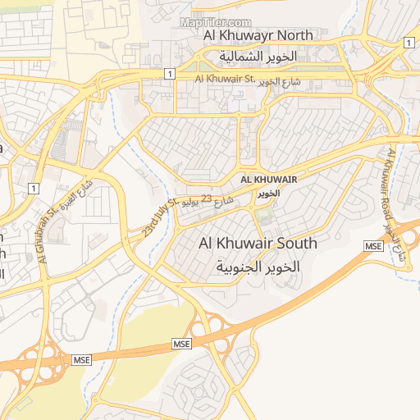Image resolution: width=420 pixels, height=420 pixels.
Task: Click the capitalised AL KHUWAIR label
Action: (x=268, y=179)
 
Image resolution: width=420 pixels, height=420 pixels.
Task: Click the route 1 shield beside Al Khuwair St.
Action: (x=169, y=74)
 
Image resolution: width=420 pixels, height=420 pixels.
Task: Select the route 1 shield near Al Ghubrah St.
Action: (x=33, y=189)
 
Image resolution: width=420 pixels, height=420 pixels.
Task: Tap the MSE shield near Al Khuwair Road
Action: (x=374, y=246)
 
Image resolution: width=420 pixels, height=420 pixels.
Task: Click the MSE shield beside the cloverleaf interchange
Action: (x=181, y=342)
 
